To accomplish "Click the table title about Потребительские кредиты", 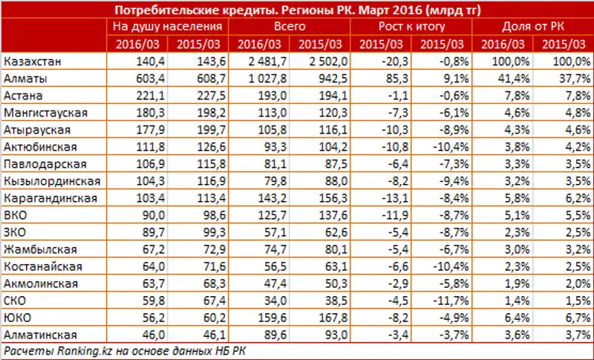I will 296,10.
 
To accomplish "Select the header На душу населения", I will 170,27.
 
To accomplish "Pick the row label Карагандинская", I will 51,197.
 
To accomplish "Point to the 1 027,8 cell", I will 263,76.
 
